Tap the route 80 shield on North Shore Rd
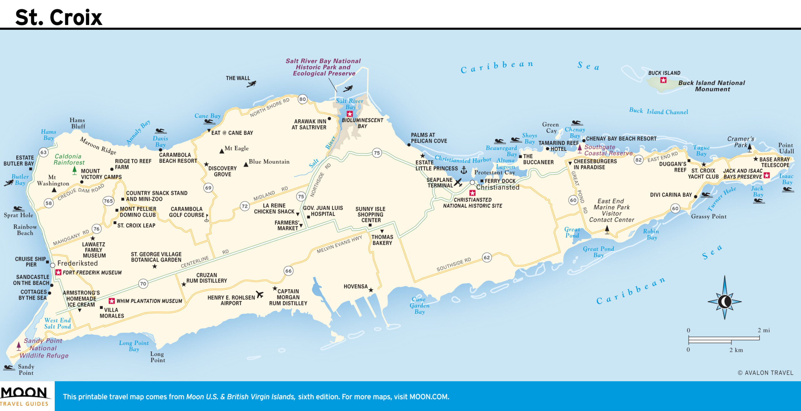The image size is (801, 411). click(302, 99)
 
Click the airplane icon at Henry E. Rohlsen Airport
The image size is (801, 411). click(259, 294)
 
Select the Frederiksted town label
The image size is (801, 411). click(77, 263)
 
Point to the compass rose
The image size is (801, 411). click(724, 301)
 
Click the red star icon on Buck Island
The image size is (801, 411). click(663, 80)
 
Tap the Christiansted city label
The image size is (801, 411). click(497, 187)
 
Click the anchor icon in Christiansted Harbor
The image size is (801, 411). click(464, 170)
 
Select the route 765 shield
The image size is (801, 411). click(108, 201)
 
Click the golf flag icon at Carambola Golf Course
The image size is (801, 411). click(207, 218)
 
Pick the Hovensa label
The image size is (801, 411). click(355, 286)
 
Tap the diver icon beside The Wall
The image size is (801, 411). click(252, 84)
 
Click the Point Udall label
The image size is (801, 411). click(786, 148)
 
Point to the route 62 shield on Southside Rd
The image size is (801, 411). click(487, 258)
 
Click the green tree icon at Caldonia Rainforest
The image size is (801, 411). click(74, 170)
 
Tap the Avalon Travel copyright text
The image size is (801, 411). click(765, 372)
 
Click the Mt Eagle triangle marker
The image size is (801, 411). click(222, 151)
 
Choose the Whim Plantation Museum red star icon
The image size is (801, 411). click(111, 301)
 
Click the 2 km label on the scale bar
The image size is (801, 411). click(736, 350)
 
